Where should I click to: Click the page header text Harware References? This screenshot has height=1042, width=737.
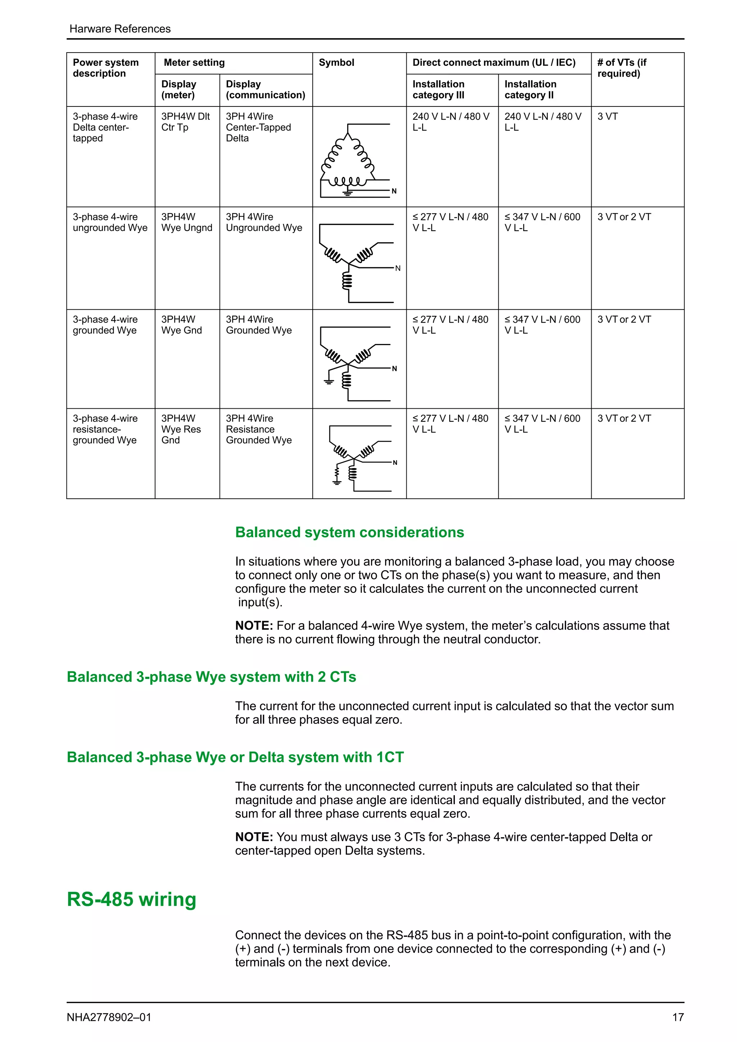pos(120,28)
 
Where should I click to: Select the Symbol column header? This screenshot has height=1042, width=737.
pos(336,63)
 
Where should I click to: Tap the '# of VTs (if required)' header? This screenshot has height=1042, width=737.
pos(622,68)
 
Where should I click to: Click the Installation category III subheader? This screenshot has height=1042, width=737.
pos(438,89)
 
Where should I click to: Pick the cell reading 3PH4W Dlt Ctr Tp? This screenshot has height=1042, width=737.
pos(186,122)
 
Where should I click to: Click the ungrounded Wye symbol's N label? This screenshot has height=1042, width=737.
pos(398,268)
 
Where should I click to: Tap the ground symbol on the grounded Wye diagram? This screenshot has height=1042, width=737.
pos(329,381)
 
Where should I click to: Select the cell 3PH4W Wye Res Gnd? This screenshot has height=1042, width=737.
pos(181,429)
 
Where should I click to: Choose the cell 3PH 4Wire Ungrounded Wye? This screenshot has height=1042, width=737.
pos(264,222)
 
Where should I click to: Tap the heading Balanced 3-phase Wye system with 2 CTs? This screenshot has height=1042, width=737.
pos(212,677)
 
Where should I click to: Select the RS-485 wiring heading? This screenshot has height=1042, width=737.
pos(132,899)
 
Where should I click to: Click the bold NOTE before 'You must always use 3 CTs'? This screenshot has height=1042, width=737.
pos(254,837)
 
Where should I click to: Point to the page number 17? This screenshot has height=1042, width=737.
pos(678,1017)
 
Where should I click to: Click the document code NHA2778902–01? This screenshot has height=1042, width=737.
pos(109,1017)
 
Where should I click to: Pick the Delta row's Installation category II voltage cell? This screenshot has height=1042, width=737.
pos(543,122)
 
